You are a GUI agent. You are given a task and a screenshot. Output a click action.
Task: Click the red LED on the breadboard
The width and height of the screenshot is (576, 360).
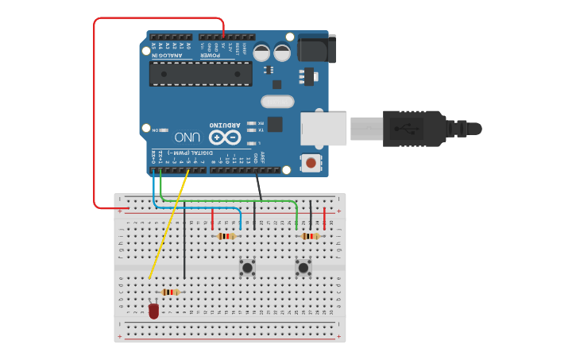tap(153, 310)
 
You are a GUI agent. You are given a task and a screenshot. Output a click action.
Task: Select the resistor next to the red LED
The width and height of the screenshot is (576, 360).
tap(170, 292)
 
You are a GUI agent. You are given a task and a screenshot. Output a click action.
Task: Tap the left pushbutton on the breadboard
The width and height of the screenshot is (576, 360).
tap(248, 268)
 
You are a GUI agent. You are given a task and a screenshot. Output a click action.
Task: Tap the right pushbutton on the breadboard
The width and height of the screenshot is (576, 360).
tap(303, 268)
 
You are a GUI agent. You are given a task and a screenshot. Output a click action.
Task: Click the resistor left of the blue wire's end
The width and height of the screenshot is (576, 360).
tap(226, 236)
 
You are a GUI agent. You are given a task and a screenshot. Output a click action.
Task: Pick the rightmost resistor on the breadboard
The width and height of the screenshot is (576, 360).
tap(310, 236)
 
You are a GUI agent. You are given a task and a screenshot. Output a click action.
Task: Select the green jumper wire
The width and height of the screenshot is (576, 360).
tap(230, 201)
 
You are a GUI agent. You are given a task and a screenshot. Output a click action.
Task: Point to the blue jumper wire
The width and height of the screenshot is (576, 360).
tap(199, 208)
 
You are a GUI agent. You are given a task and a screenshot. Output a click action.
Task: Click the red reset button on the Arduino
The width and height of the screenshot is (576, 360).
tap(311, 163)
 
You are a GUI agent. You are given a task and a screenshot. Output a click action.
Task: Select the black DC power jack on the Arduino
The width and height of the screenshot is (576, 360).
tap(315, 48)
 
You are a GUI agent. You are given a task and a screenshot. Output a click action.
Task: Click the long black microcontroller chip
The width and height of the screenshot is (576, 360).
tap(201, 74)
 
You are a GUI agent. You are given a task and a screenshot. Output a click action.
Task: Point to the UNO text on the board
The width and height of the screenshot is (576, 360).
tap(187, 136)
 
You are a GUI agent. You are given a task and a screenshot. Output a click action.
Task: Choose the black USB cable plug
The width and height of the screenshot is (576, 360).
tap(414, 129)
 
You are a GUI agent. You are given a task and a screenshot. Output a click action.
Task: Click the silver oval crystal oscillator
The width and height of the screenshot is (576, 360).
tap(277, 102)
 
